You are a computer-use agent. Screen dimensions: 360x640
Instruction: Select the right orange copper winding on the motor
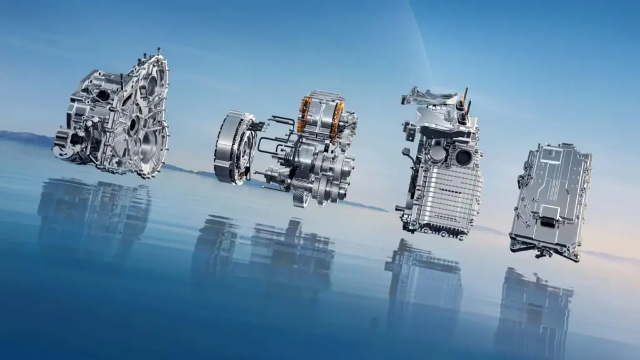[x=338, y=118]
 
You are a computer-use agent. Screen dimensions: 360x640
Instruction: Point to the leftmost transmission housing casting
[x=116, y=116]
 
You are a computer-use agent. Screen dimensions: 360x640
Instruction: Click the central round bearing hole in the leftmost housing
[x=134, y=125]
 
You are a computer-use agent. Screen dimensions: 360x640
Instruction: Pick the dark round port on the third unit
[x=464, y=157]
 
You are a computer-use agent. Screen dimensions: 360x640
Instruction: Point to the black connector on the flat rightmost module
[x=547, y=221]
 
